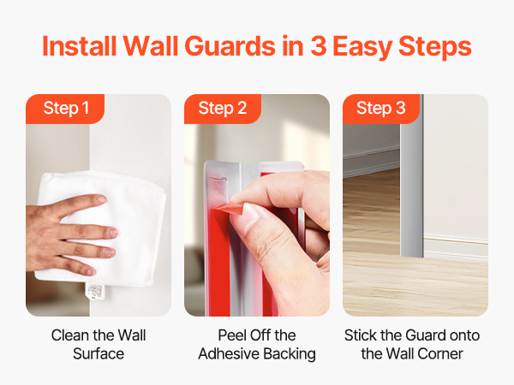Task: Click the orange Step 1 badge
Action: pos(65,109)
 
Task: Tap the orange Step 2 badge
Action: pos(223,109)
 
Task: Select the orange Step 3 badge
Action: pos(381,109)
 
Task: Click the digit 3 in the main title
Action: pos(319,46)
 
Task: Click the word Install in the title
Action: pos(80,46)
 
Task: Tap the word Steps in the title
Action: pos(435,48)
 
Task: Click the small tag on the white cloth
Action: pos(95,293)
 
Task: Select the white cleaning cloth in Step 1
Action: pos(102,226)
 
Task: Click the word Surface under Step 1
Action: pos(99,354)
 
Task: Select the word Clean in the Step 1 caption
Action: pos(70,335)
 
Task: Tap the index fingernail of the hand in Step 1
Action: pos(102,198)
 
